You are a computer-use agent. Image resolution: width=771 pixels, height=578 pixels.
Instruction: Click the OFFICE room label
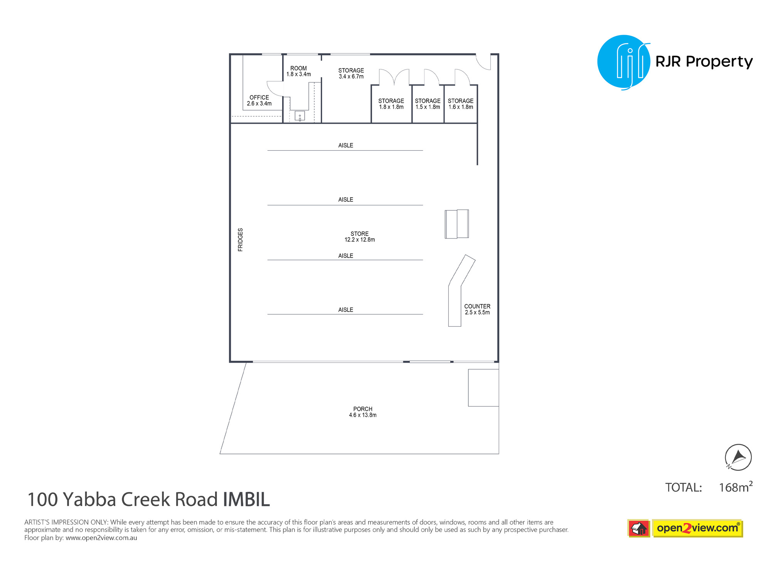click(x=259, y=97)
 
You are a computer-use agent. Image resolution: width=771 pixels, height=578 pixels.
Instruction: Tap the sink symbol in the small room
click(x=300, y=116)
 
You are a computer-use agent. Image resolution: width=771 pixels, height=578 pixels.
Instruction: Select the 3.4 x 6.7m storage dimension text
click(x=351, y=77)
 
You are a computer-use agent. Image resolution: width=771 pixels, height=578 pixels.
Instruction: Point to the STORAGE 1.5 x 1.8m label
click(x=428, y=104)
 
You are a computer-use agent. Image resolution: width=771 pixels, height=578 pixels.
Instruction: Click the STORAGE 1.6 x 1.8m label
click(x=461, y=104)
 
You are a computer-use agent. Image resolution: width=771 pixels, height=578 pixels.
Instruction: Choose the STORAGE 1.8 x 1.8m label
click(x=391, y=104)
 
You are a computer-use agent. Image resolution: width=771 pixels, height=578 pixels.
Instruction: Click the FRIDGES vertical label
click(x=241, y=240)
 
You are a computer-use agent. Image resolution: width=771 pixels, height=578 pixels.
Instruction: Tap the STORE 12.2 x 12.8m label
click(x=360, y=237)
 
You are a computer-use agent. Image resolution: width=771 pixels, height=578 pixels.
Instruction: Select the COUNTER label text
click(x=477, y=306)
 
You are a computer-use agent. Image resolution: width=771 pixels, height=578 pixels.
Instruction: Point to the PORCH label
click(x=363, y=409)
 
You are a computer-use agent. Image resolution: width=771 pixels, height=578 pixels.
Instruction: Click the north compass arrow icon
click(x=738, y=457)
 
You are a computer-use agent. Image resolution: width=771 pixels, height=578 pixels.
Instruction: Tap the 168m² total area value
click(x=736, y=487)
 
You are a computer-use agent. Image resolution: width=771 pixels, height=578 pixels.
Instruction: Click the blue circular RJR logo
click(x=624, y=62)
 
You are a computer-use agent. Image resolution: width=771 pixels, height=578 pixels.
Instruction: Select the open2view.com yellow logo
click(x=697, y=528)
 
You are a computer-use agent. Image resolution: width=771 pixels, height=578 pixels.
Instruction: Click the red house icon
click(x=639, y=528)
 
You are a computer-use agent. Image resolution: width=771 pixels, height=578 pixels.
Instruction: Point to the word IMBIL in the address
click(x=246, y=499)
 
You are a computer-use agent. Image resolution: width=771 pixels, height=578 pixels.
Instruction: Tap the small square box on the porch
click(x=483, y=388)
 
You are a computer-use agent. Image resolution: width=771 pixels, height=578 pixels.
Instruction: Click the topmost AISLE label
click(x=346, y=145)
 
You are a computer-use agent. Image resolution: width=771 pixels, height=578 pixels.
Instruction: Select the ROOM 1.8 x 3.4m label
click(x=299, y=71)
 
